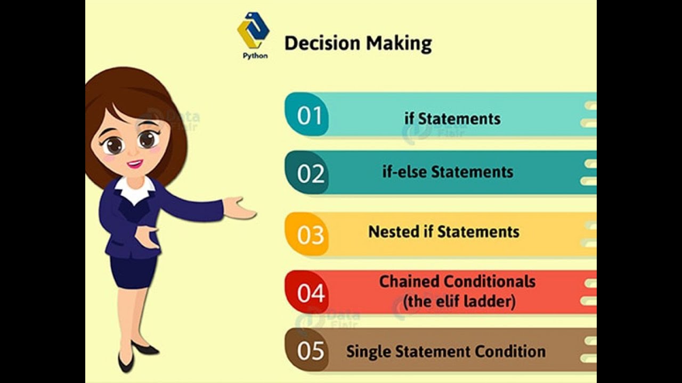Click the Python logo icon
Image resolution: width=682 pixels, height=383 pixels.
click(x=253, y=31)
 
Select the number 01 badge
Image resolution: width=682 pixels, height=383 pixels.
click(x=310, y=115)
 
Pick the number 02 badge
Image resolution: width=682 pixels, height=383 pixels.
click(x=311, y=173)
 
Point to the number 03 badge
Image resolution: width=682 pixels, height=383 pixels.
click(x=310, y=235)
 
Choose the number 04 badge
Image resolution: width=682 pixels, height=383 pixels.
click(x=311, y=293)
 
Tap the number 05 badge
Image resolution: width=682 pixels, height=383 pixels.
click(x=311, y=351)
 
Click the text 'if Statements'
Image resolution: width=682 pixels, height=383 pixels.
click(x=452, y=118)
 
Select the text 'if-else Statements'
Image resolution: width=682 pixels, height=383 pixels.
click(x=448, y=172)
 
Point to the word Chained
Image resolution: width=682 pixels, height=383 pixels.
click(x=409, y=281)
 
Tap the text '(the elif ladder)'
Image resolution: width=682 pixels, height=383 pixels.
click(x=459, y=302)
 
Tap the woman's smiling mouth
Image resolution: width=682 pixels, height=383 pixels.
click(x=135, y=163)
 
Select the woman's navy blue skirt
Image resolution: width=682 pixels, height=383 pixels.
click(x=133, y=271)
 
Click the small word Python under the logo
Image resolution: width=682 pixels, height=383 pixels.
click(x=255, y=55)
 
